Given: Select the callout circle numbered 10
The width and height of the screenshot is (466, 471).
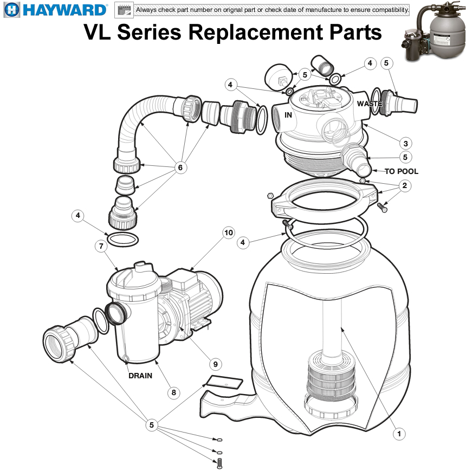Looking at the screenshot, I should click(229, 233).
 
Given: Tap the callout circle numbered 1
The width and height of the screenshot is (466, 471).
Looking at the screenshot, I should click(399, 433).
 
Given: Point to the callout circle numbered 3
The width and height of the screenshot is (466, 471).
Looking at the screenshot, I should click(405, 144).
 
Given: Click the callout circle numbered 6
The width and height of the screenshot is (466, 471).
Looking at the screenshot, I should click(180, 168).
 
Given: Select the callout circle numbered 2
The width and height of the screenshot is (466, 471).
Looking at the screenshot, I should click(404, 186).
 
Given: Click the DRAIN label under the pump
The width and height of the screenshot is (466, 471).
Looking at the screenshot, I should click(140, 376).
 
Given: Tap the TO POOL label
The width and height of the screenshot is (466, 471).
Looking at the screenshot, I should click(401, 171).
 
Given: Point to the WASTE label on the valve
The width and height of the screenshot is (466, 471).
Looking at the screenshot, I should click(370, 103).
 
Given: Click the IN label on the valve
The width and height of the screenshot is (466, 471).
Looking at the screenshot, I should click(288, 115).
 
